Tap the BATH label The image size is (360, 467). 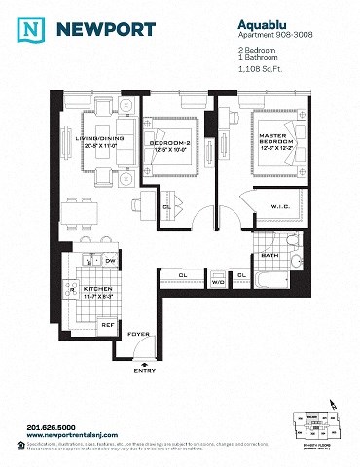tap(270, 256)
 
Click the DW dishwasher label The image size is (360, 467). tap(110, 261)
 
